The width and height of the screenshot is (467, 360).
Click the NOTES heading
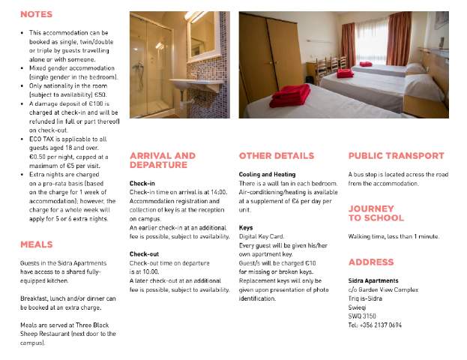point(36,14)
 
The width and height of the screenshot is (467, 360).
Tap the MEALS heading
point(36,244)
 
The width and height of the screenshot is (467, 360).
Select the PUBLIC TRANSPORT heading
point(396,156)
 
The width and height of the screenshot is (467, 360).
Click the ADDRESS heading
point(370,262)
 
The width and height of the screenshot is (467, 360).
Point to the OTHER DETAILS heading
point(276,156)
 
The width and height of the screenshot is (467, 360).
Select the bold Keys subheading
point(246,227)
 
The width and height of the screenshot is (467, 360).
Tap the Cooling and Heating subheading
point(267,174)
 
